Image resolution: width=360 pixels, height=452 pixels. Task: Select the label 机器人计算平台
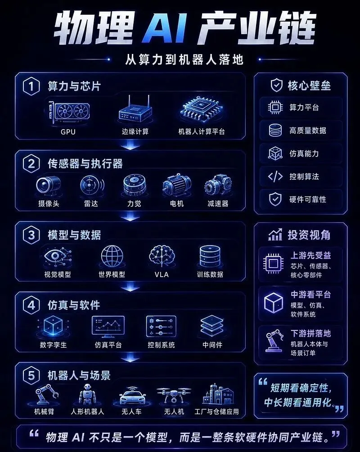pos(201,132)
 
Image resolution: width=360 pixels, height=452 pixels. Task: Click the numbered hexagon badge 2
pos(31,163)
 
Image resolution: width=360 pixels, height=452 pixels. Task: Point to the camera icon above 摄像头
pos(49,185)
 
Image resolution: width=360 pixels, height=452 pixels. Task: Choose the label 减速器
pos(218,204)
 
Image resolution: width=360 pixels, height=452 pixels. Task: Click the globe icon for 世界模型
pos(112,256)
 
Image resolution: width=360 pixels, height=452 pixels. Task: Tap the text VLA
pos(162,274)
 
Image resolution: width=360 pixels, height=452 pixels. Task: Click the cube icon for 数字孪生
pos(53,327)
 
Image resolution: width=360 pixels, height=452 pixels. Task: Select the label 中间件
pos(212,345)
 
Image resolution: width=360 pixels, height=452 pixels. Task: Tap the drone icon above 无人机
pos(174,394)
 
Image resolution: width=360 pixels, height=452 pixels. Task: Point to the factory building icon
pos(218,394)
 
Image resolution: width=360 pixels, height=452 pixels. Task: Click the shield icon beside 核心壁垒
pos(276,85)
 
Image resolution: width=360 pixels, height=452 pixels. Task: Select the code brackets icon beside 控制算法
pos(275,176)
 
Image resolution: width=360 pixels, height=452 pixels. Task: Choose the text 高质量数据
pos(308,130)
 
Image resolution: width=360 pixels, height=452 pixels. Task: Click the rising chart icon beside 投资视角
pos(275,235)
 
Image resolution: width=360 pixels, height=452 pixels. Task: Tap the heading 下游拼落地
pos(310,334)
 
